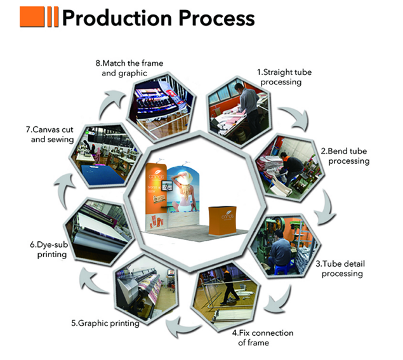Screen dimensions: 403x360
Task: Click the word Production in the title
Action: click(x=117, y=18)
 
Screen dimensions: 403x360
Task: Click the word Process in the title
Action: click(x=216, y=18)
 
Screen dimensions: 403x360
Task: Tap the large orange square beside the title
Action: click(x=32, y=17)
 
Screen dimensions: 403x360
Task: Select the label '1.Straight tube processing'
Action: click(x=284, y=77)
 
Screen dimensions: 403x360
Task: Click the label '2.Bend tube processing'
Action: click(x=345, y=156)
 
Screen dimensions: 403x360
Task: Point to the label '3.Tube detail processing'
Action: click(x=340, y=269)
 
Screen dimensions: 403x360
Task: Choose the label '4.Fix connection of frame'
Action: click(x=263, y=338)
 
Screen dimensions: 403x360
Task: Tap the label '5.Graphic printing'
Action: click(x=105, y=323)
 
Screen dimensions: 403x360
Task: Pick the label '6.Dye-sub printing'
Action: click(x=49, y=250)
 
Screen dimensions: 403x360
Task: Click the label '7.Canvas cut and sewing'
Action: click(x=50, y=135)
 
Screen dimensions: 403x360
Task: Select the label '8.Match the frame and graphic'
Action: click(x=129, y=68)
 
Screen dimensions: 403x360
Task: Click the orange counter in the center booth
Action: click(x=223, y=220)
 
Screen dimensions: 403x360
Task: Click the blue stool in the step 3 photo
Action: click(x=282, y=269)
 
